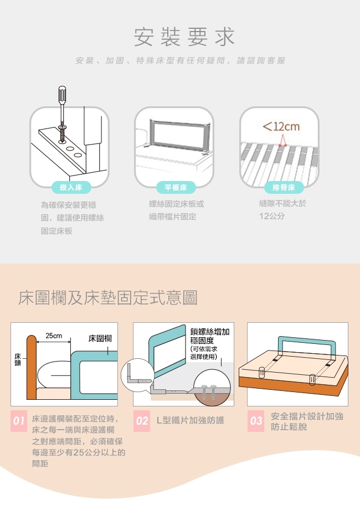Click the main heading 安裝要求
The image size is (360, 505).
tap(184, 37)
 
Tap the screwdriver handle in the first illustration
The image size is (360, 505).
tap(62, 94)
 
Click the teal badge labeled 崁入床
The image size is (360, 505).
tap(71, 187)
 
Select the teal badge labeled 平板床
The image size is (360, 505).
tap(176, 187)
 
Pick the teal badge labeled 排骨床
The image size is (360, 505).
tap(284, 187)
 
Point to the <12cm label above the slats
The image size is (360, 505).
tap(281, 126)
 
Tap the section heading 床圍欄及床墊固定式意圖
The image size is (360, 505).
tap(108, 297)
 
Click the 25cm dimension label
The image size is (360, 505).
tap(54, 336)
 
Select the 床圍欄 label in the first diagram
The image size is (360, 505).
tap(100, 338)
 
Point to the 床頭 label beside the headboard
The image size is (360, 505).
tap(18, 359)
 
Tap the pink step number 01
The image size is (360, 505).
tap(19, 421)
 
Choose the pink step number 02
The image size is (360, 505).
tap(142, 421)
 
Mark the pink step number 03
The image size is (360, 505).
tap(256, 421)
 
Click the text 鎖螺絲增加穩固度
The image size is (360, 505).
tap(209, 336)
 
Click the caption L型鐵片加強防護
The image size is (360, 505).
tap(191, 420)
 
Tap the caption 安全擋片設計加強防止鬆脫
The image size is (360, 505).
tap(307, 421)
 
